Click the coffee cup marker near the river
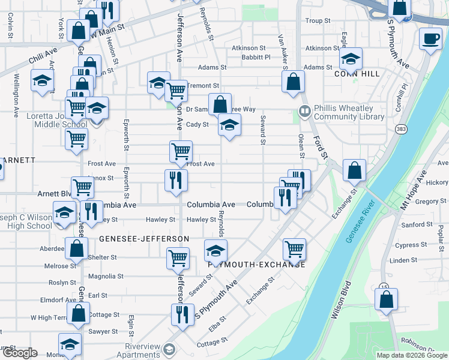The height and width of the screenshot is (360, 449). pos(430,40)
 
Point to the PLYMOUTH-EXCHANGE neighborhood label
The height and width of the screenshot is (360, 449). pos(257,265)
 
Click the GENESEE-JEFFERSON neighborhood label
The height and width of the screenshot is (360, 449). pos(143,239)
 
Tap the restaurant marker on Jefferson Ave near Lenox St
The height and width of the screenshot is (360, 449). pos(176,181)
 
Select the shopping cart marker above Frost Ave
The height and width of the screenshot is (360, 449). pos(181,152)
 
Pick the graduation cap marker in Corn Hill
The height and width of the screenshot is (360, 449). pos(351,59)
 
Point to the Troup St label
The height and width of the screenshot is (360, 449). pos(314,20)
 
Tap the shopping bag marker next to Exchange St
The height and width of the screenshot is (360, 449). pos(355,170)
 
